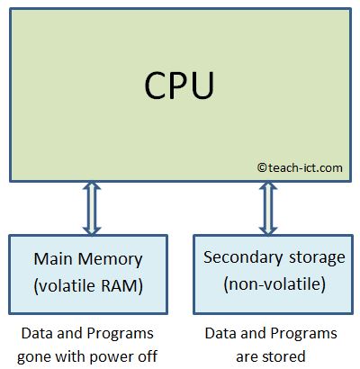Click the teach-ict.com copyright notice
coord(302,166)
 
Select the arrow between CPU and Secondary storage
coord(267,208)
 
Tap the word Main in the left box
coord(53,259)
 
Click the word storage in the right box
coord(312,258)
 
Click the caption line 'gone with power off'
coord(87,355)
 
